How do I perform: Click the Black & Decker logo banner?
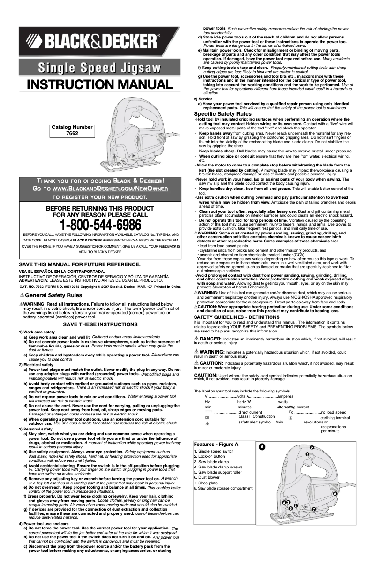pyautogui.click(x=99, y=42)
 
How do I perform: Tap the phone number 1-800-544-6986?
pyautogui.click(x=99, y=224)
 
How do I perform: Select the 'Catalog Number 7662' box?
pyautogui.click(x=72, y=130)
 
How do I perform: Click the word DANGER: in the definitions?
pyautogui.click(x=211, y=338)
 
